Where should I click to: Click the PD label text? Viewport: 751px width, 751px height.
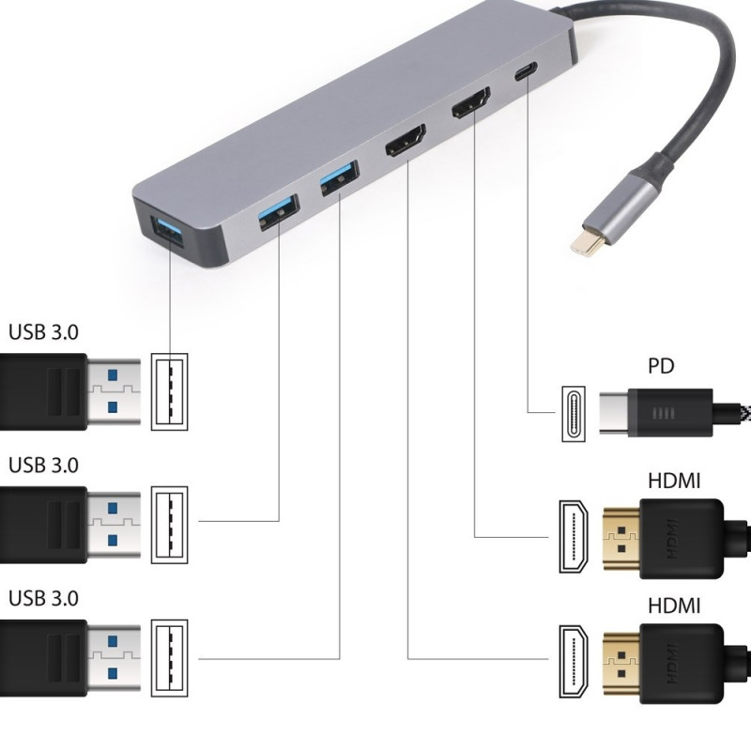point(661,365)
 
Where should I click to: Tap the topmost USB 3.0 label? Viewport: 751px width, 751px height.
point(44,331)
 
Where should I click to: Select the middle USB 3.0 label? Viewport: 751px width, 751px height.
point(44,465)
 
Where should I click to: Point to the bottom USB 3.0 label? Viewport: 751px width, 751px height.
point(44,598)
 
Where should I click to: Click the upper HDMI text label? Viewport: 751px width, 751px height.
point(674,482)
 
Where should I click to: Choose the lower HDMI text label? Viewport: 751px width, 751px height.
point(674,605)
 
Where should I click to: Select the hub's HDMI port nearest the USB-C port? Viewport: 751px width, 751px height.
point(472,103)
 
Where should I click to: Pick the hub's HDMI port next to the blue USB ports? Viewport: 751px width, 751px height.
point(405,142)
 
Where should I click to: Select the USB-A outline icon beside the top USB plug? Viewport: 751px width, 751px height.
point(170,391)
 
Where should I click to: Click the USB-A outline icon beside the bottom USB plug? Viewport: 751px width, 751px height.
point(170,658)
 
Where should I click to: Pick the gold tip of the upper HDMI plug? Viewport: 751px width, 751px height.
point(620,536)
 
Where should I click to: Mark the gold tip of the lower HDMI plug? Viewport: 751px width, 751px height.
point(620,661)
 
